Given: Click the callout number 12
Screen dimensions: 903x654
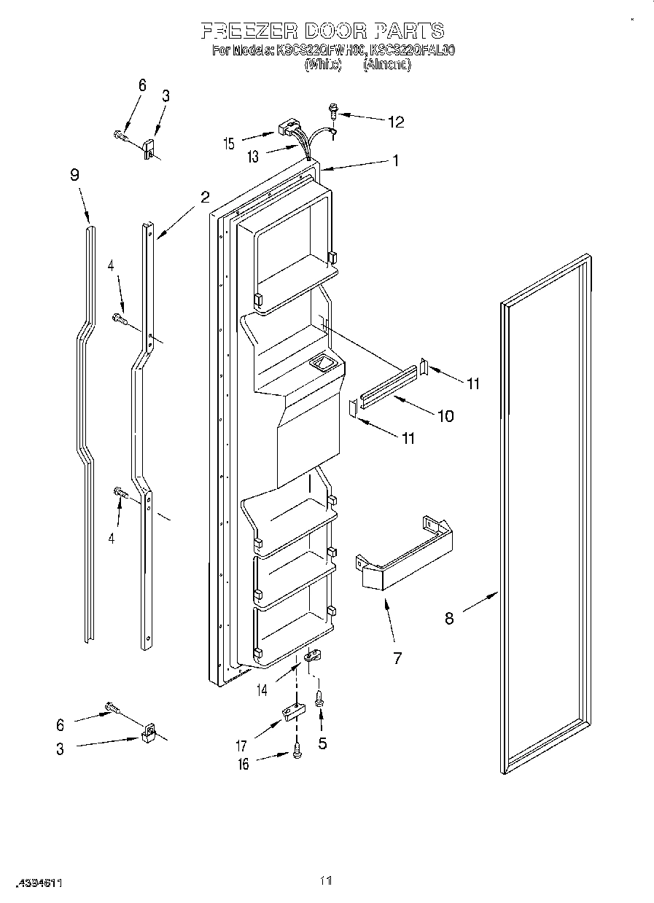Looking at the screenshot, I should point(395,122).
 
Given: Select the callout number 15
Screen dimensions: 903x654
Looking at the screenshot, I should point(230,144).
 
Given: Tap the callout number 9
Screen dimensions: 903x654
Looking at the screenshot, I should point(74,175).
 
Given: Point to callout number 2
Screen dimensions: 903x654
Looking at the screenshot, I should point(205,196).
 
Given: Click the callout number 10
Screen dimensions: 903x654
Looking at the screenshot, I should point(444,416).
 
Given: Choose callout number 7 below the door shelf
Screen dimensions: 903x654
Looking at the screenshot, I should point(397,658).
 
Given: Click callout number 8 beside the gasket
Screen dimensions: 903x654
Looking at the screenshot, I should point(449,618).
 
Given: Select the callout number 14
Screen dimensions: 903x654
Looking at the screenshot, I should point(261,689).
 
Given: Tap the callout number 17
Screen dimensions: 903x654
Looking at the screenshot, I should point(241,746).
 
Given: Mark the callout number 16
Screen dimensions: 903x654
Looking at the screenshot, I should point(244,764).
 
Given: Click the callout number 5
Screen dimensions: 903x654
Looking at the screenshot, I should point(322,743).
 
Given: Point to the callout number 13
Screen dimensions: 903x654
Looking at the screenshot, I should point(252,157).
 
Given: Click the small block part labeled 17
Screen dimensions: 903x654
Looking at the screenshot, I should point(292,711).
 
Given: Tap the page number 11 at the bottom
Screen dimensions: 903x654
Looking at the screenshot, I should point(326,881).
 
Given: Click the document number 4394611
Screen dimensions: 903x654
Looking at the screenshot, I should point(32,883).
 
